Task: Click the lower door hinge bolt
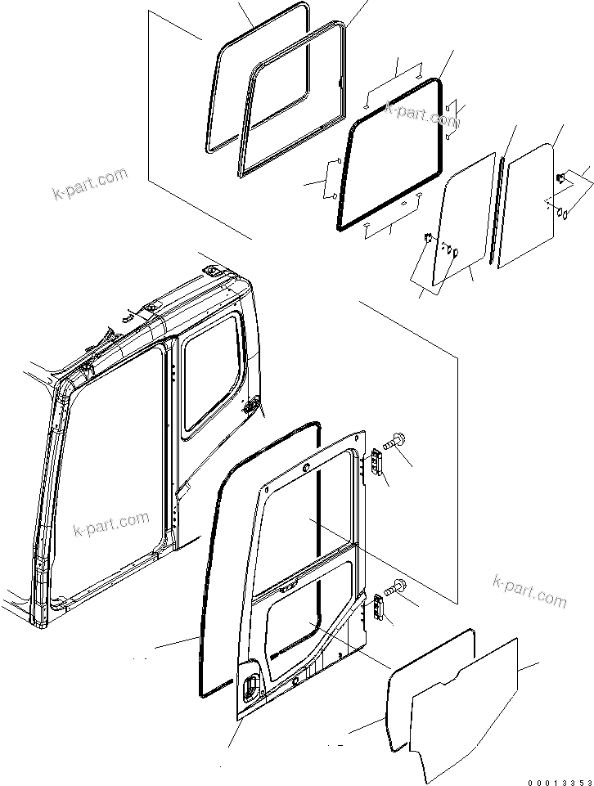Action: coord(398,586)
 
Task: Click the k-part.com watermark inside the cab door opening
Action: coord(111,523)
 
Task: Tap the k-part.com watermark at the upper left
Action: coord(90,183)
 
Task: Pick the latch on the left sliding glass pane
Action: coord(429,239)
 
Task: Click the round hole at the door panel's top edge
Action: coord(307,468)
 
